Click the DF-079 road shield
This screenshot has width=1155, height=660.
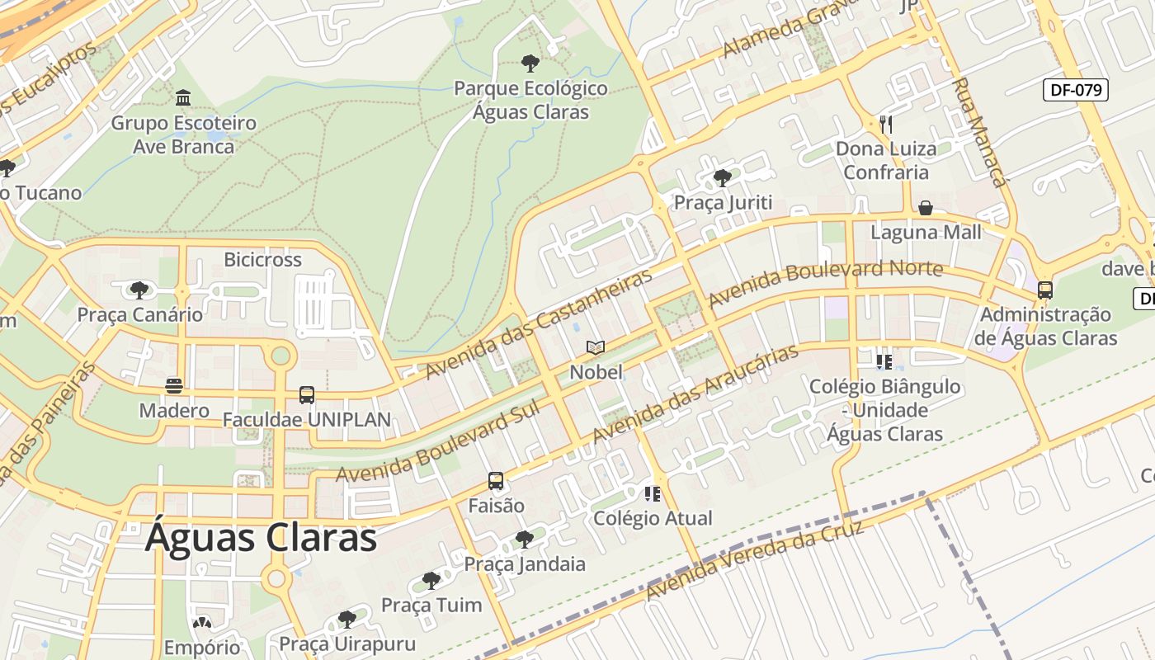pyautogui.click(x=1075, y=90)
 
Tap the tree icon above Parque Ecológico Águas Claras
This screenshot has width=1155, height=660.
pyautogui.click(x=530, y=63)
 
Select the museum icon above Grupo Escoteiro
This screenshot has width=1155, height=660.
pyautogui.click(x=183, y=98)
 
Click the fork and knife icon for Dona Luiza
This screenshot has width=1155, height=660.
pyautogui.click(x=885, y=125)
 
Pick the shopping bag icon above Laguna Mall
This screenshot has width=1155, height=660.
pyautogui.click(x=926, y=208)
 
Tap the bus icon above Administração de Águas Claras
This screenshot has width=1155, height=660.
pyautogui.click(x=1045, y=290)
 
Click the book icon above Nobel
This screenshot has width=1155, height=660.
pyautogui.click(x=596, y=348)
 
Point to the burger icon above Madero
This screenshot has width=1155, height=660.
pyautogui.click(x=173, y=386)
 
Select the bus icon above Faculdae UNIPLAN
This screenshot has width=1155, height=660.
pyautogui.click(x=307, y=395)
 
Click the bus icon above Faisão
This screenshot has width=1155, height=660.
pyautogui.click(x=496, y=481)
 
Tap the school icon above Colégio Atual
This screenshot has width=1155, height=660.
pyautogui.click(x=653, y=494)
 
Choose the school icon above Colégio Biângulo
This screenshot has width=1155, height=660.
pyautogui.click(x=884, y=362)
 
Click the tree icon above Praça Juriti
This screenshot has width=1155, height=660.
pyautogui.click(x=723, y=177)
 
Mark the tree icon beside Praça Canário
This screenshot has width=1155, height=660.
pyautogui.click(x=139, y=290)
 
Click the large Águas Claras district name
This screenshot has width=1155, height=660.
pyautogui.click(x=261, y=538)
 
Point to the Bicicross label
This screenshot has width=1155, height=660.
pyautogui.click(x=262, y=260)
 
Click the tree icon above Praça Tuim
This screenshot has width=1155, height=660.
pyautogui.click(x=431, y=581)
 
